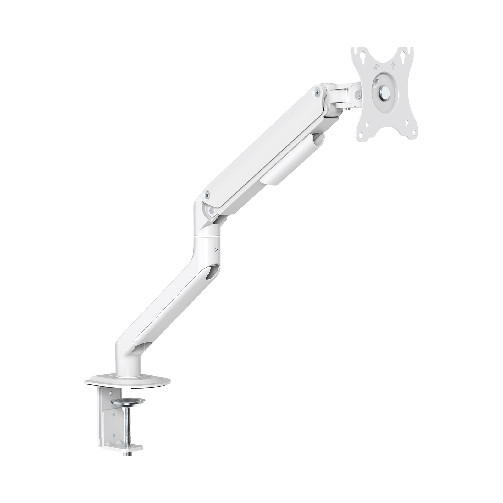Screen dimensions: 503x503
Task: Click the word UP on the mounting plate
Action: (x=375, y=66)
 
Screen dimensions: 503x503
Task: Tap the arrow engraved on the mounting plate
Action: (x=392, y=66)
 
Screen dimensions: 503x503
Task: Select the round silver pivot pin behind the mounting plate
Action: (x=357, y=93)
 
